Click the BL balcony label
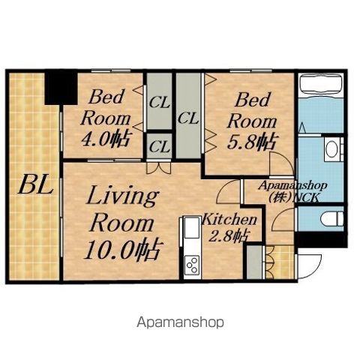(36, 185)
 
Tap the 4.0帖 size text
(106, 139)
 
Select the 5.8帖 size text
(252, 142)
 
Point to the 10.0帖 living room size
(123, 249)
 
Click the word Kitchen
(229, 220)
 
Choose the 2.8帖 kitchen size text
(229, 235)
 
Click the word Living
(122, 197)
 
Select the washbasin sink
(331, 149)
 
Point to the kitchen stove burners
(192, 265)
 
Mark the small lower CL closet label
(160, 148)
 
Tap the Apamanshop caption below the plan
(180, 322)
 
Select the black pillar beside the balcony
(61, 88)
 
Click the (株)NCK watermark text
(294, 197)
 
